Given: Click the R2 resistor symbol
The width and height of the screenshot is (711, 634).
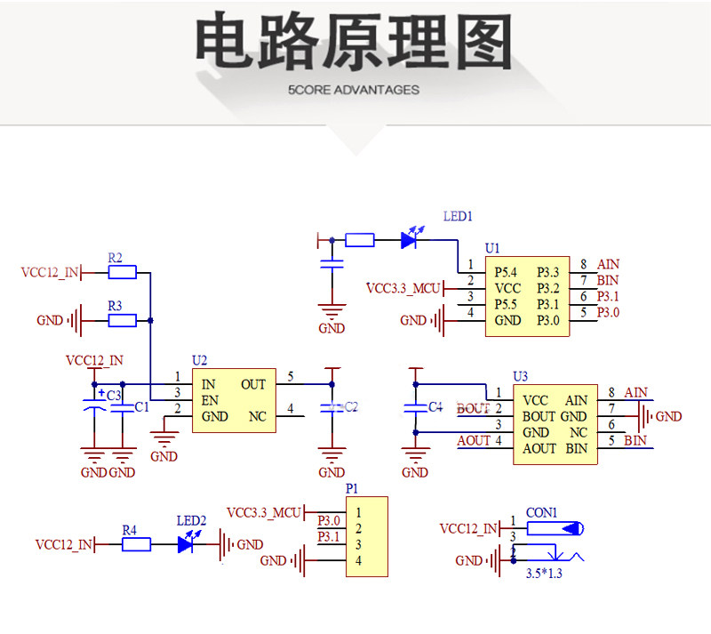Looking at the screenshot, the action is coord(122,272).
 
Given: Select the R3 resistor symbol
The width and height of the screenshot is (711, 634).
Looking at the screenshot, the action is coord(122,320).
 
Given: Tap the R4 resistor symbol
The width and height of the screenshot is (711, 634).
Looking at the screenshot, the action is coord(136,544).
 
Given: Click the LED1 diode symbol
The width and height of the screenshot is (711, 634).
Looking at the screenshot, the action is coord(410,239).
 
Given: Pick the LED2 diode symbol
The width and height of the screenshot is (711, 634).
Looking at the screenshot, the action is coord(187,543).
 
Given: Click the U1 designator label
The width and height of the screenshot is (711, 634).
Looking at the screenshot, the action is coord(492,248).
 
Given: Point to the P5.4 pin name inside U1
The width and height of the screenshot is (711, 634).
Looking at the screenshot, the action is coord(505,272).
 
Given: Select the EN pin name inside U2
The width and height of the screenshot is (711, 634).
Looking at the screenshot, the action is coord(210,400).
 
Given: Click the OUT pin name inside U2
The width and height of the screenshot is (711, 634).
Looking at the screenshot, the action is coord(253,384).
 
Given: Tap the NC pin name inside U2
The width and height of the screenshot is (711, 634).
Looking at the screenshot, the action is coord(258,416).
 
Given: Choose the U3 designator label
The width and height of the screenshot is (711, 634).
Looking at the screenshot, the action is coord(520,377).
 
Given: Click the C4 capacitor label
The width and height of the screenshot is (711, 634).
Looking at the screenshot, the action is coord(435,407).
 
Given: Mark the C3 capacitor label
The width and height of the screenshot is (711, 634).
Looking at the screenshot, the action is coord(114,396).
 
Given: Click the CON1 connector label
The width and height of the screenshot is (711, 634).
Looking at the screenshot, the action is coord(541,513).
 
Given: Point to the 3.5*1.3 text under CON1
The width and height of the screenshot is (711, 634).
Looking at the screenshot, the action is coord(544,574).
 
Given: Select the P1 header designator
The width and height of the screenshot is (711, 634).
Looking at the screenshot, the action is coord(351,489).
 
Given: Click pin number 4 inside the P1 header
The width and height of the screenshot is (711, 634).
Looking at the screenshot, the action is coord(358,561).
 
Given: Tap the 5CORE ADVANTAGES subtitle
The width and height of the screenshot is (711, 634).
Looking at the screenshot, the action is coord(354,90).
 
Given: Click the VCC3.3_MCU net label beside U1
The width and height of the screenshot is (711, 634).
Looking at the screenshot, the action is coord(403,289).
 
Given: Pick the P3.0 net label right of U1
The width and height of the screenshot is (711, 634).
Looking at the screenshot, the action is coord(608,313).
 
